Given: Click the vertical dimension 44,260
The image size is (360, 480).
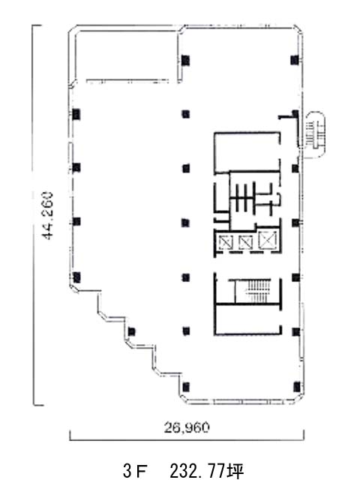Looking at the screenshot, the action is tap(47, 215).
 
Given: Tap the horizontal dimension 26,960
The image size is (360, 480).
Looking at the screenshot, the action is tap(187, 427).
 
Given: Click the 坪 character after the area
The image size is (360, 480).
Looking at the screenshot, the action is tap(235, 470).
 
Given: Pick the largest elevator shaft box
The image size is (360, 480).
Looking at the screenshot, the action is tap(268, 240).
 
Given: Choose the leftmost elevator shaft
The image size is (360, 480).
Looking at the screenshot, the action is tap(226, 243).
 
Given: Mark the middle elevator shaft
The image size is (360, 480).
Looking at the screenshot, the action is tap(245, 242).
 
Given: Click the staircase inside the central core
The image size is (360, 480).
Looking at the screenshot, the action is tap(259, 290).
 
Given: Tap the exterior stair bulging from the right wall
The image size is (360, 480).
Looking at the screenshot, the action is tap(315, 134).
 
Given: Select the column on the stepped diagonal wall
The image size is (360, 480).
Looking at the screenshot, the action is tap(132, 331).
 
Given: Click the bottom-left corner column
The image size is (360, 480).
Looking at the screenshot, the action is tap(186, 387).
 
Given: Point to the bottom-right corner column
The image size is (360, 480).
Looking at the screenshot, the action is tap(296, 387).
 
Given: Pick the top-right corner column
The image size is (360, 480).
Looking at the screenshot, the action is tap(295, 60).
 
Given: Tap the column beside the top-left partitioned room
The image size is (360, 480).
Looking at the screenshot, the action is tap(185, 60).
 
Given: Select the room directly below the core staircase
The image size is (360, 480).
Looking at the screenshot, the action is tap(247, 319).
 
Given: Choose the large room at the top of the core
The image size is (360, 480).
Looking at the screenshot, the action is tap(247, 151).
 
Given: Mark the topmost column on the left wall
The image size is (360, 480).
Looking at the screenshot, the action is tap(76, 114).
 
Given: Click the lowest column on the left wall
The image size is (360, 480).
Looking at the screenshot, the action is tap(76, 277).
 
